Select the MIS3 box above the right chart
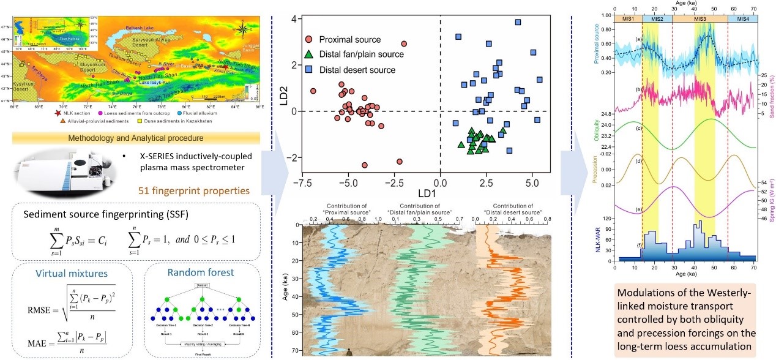pos(700,19)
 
